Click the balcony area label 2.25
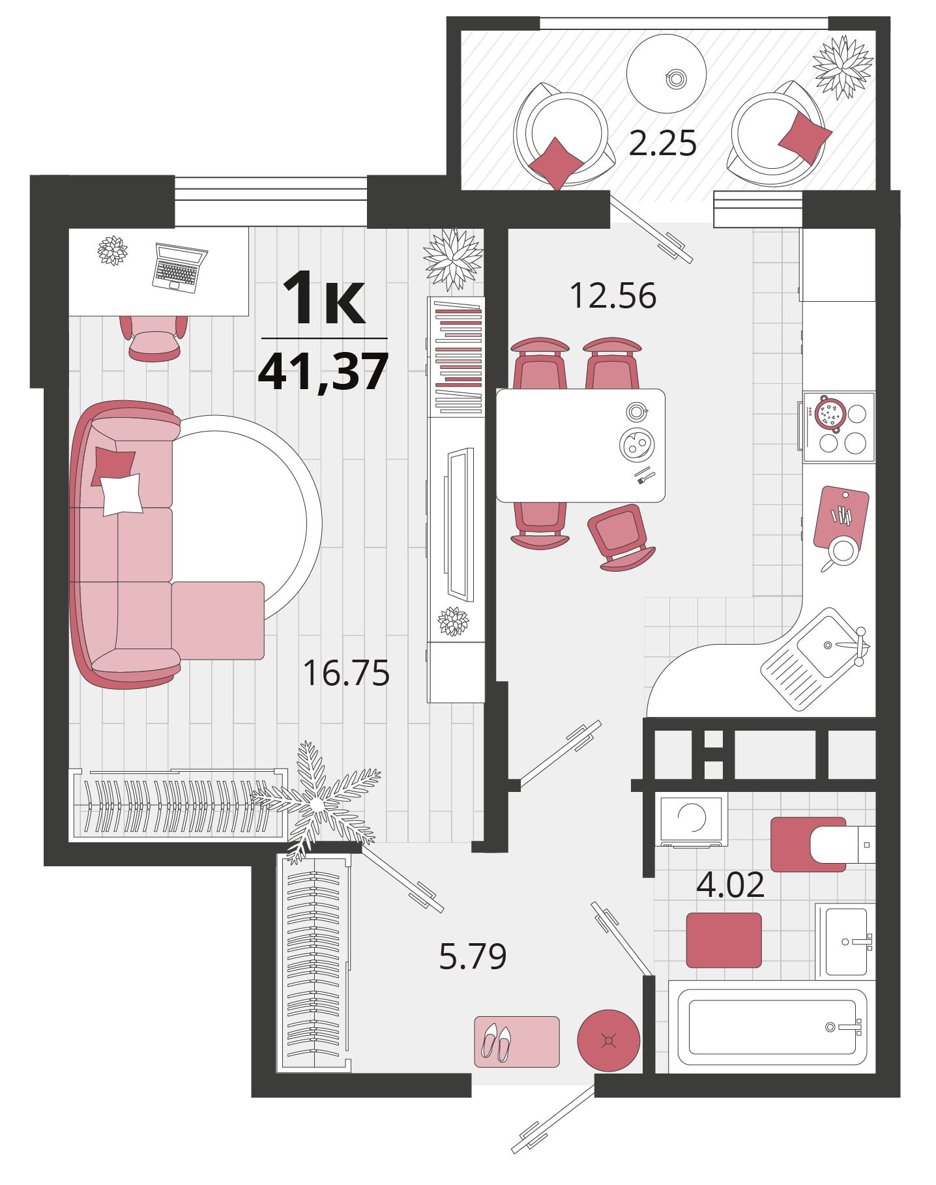coord(662,143)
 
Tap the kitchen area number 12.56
coord(613,295)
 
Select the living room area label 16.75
coord(346,673)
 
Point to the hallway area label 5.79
coord(473,956)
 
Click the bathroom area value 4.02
coord(730,885)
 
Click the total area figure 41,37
coord(324,371)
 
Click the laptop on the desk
coord(179,267)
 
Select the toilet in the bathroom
coord(823,844)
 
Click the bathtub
coord(772,1027)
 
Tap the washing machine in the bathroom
coord(691,819)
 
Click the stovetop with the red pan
coord(839,427)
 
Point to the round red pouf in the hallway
coord(609,1040)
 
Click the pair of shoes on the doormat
coord(496,1042)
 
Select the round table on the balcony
coord(666,74)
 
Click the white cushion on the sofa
coord(121,494)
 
